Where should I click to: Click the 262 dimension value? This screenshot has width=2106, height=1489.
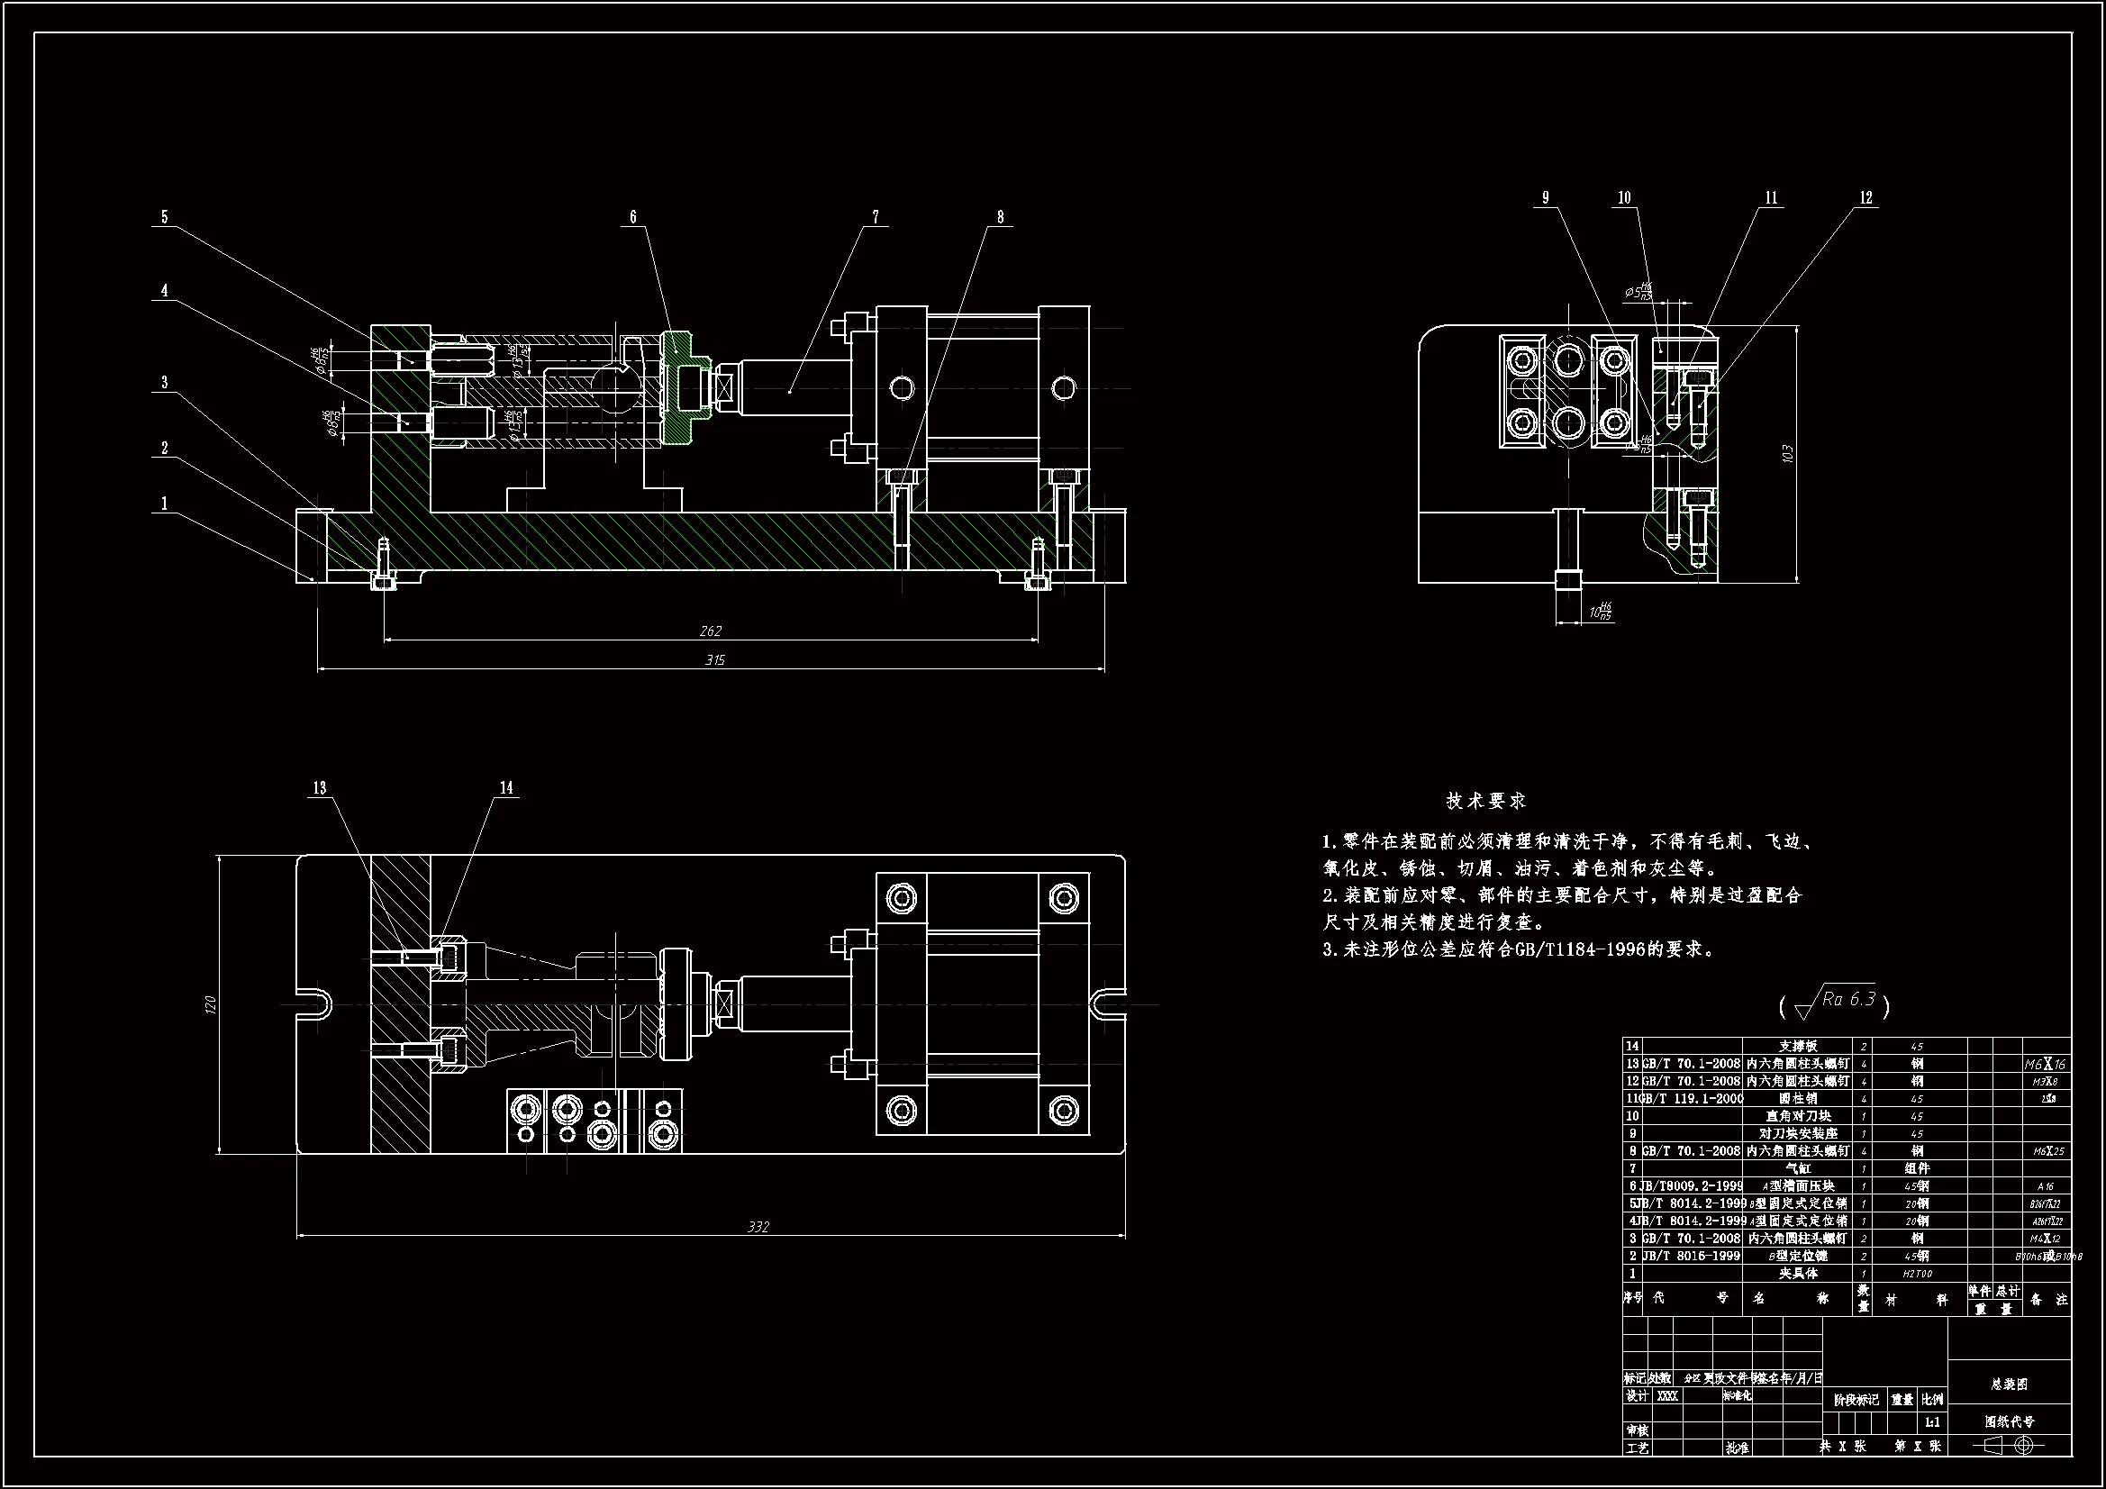coord(711,631)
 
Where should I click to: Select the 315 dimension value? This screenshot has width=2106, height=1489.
coord(714,660)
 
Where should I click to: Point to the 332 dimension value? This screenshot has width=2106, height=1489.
coord(758,1227)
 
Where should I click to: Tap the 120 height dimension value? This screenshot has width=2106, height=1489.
coord(210,1004)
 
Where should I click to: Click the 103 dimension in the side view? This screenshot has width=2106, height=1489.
coord(1788,453)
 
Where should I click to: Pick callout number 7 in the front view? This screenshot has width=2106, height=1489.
coord(876,217)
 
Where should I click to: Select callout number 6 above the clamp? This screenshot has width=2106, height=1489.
coord(633,217)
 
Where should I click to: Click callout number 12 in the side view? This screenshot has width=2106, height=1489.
coord(1865,198)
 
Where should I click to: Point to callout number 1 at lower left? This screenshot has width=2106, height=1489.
coord(164,504)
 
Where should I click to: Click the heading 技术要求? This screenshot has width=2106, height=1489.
coord(1486,801)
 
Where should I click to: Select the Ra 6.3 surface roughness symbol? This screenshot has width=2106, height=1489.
coord(1835,1003)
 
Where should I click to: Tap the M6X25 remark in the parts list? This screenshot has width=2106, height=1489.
coord(2045,1151)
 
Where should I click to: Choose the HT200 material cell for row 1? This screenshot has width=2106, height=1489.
coord(1917,1274)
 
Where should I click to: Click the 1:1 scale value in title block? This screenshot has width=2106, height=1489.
coord(1932,1423)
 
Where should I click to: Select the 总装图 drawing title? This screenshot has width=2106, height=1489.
coord(2009,1385)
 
